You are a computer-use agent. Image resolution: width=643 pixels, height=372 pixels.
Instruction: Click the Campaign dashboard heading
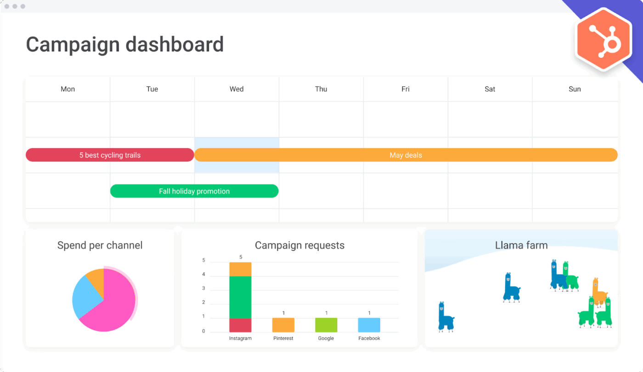124,45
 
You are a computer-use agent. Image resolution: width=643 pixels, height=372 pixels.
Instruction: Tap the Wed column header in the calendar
237,89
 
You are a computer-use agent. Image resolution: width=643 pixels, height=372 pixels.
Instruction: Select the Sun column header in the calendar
575,89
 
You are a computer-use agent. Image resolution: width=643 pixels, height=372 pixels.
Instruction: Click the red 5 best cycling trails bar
110,155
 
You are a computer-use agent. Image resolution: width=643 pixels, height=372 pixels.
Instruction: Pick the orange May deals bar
406,155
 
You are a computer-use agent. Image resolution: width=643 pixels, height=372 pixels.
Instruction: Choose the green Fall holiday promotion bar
194,191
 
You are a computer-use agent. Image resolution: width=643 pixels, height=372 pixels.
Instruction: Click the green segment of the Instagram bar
240,297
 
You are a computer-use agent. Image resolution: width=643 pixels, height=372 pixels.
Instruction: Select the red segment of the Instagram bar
240,325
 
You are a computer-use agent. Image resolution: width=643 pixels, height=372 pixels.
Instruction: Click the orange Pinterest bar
283,325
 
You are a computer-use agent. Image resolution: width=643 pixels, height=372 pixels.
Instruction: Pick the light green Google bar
326,325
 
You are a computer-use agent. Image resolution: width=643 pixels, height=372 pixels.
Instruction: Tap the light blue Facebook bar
369,325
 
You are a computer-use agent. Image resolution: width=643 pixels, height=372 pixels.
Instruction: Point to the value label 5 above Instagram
241,257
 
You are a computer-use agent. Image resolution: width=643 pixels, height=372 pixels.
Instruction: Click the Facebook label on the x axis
369,338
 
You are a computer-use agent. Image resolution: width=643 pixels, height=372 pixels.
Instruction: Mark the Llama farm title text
521,245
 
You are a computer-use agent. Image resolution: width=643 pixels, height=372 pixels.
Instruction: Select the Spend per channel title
100,245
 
